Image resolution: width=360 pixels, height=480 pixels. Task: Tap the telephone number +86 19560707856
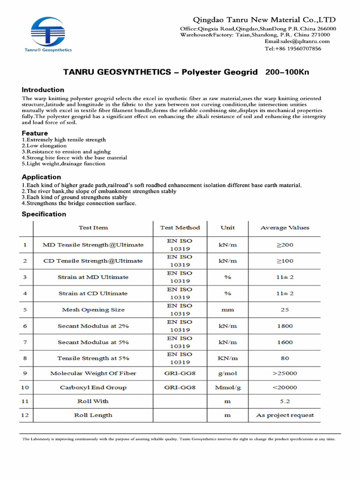(293, 49)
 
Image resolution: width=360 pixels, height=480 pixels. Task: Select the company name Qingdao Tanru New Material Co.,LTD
(264, 20)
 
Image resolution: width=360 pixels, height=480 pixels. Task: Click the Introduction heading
(43, 90)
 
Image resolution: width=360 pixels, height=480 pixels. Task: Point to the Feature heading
(35, 133)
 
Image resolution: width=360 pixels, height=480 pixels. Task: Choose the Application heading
(41, 177)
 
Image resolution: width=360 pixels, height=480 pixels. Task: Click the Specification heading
(44, 214)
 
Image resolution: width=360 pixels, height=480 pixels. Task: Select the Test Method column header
(180, 228)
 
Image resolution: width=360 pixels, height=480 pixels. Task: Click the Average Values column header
(285, 228)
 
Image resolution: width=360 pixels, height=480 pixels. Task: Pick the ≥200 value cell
(285, 245)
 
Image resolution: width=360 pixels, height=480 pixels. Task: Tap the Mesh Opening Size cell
(93, 310)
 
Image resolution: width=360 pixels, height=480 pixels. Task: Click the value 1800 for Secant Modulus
(285, 326)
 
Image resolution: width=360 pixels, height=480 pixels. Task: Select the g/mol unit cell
(228, 373)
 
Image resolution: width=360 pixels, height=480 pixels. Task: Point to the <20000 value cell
(285, 388)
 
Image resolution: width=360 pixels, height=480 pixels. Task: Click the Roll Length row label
(93, 415)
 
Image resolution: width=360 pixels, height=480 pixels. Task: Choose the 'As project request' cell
(285, 415)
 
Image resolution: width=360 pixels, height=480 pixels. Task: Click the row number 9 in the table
(25, 373)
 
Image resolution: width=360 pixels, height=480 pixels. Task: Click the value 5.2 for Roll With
(285, 401)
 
